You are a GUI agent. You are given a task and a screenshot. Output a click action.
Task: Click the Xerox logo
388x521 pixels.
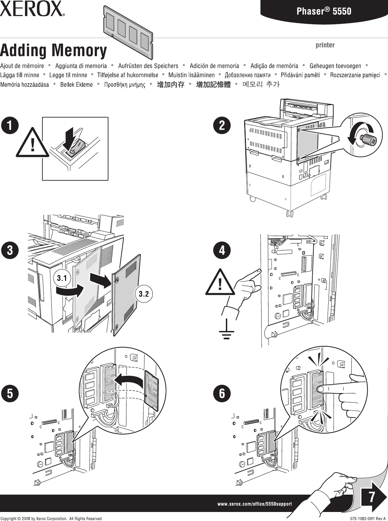(32, 9)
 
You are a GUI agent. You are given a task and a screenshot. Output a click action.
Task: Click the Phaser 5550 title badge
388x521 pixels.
(324, 11)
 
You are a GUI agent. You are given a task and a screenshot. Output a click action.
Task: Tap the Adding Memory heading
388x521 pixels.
(53, 51)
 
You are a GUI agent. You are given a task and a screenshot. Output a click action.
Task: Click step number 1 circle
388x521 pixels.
(9, 126)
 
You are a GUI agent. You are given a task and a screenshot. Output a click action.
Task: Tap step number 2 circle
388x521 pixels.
(222, 126)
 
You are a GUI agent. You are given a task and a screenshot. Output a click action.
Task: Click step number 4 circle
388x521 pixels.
(222, 250)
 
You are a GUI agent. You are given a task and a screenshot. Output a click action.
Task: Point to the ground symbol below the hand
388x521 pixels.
(227, 331)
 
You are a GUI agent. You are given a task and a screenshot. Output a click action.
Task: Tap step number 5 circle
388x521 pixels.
(9, 393)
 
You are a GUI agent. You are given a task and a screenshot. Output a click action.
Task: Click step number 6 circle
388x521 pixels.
(222, 393)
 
